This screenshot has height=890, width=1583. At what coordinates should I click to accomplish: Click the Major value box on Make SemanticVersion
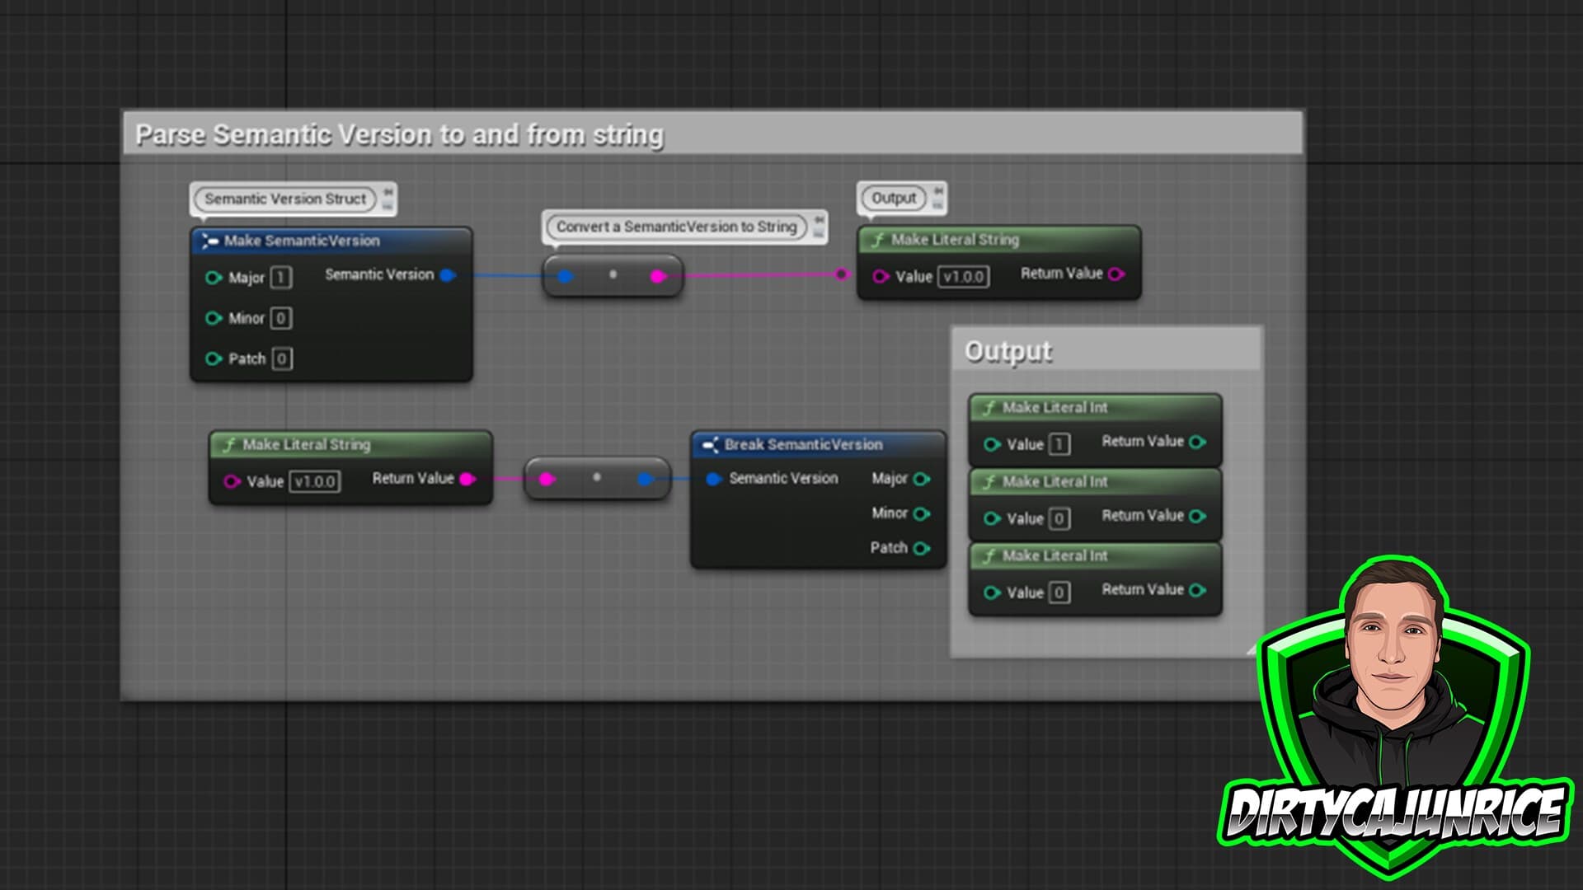coord(280,278)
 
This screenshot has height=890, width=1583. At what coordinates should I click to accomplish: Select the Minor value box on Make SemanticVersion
coord(280,318)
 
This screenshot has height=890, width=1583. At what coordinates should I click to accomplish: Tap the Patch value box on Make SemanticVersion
coord(281,358)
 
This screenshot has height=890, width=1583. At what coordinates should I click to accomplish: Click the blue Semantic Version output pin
coord(448,275)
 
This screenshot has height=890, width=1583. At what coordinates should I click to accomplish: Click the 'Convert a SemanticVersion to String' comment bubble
coord(676,227)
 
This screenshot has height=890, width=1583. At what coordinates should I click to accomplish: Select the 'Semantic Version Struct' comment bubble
coord(285,199)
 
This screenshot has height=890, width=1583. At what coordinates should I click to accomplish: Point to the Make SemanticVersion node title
coord(302,241)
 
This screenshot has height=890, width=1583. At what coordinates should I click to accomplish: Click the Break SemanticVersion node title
coord(803,445)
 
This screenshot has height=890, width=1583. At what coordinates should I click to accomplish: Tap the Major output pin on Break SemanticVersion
coord(922,479)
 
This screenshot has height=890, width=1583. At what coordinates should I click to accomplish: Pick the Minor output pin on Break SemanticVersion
coord(922,513)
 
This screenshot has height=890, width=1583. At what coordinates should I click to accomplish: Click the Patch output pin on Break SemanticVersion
coord(922,548)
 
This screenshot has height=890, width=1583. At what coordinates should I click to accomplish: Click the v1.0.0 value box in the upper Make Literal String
coord(963,277)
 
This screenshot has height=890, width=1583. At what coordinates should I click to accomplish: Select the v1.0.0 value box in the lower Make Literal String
coord(315,481)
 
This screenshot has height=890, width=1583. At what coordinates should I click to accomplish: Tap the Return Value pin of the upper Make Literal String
coord(1116,274)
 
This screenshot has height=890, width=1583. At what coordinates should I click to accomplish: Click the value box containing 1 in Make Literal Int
coord(1059,445)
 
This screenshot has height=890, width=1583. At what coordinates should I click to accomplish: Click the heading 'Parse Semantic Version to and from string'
coord(399,134)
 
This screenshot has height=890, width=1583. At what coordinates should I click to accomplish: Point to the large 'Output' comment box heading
coord(1008,351)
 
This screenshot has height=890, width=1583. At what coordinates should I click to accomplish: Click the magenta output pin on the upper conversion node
coord(658,276)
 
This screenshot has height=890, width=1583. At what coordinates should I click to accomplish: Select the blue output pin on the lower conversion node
coord(646,479)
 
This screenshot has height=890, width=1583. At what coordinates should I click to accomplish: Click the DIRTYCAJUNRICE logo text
coord(1393,812)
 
